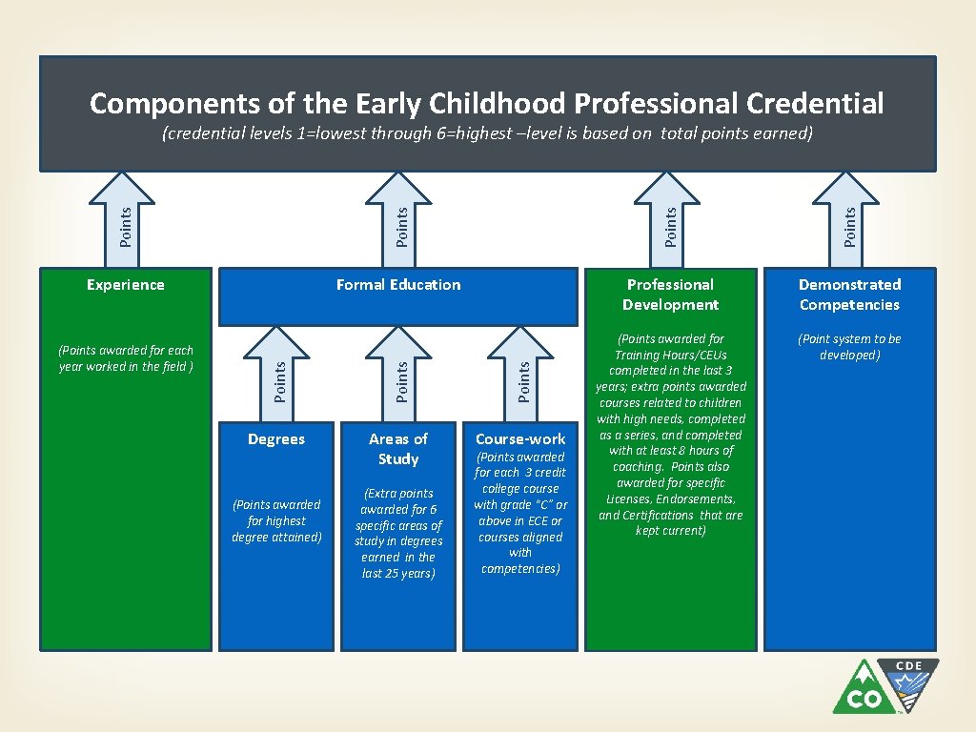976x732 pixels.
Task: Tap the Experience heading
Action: click(x=125, y=284)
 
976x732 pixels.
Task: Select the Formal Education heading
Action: click(x=398, y=284)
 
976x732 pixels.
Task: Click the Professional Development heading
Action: click(x=671, y=295)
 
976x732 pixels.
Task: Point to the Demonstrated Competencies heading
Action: click(x=849, y=295)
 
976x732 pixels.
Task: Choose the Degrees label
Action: click(x=276, y=438)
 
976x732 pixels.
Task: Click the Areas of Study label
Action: click(x=398, y=449)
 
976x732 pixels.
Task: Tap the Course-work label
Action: click(x=520, y=439)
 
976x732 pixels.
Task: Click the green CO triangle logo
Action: click(x=864, y=690)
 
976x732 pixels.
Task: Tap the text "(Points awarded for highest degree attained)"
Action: click(x=276, y=520)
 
